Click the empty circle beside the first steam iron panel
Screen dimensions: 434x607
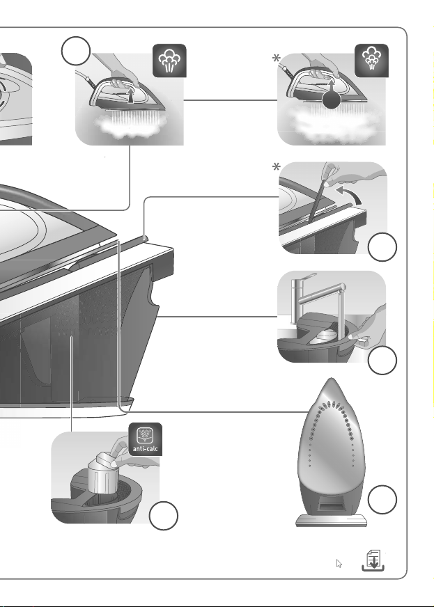point(76,51)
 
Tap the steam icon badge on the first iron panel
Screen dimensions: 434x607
point(169,61)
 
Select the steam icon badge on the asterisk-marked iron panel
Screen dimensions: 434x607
point(371,61)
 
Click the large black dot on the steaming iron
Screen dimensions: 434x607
point(332,100)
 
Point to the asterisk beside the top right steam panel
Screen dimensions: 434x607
point(277,58)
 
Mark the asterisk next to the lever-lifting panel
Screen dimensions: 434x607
point(277,167)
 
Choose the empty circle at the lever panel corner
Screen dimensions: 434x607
point(382,247)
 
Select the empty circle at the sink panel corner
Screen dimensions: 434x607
point(382,361)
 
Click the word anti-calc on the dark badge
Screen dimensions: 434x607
point(146,449)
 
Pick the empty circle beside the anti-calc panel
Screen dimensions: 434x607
point(164,516)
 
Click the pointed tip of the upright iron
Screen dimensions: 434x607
point(332,379)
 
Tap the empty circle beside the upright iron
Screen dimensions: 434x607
point(382,499)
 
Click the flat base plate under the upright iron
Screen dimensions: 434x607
point(332,520)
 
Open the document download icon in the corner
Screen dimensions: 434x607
point(373,560)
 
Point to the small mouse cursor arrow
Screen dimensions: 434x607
point(339,564)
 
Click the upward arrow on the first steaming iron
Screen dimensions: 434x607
point(130,95)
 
